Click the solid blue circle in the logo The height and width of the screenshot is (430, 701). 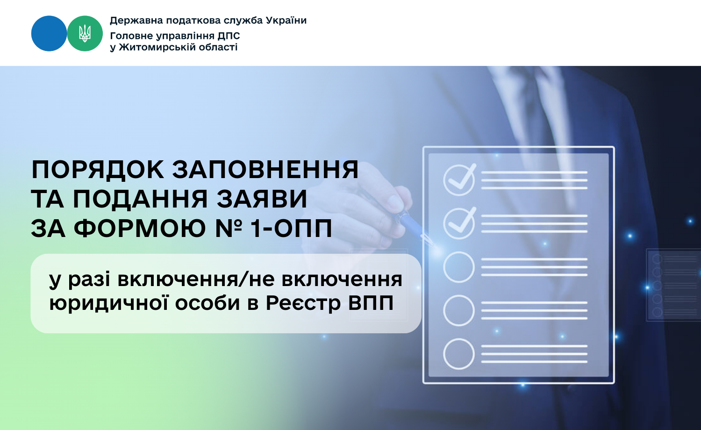pos(49,34)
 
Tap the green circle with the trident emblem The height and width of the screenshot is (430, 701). pos(85,34)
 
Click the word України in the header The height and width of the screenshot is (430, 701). pos(286,21)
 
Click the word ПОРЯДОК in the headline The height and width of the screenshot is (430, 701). pos(98,170)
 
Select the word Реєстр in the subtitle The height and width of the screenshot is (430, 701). pos(303,303)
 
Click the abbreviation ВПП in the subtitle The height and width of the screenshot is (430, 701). pos(371,303)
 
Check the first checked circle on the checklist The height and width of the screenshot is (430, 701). pos(459,180)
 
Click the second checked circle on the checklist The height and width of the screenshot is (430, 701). pos(459,223)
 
